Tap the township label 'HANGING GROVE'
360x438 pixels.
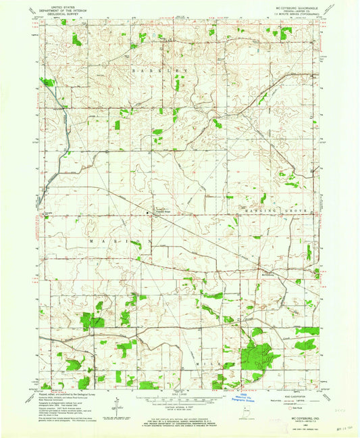(x=276, y=212)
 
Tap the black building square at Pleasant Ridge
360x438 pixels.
(x=149, y=214)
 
